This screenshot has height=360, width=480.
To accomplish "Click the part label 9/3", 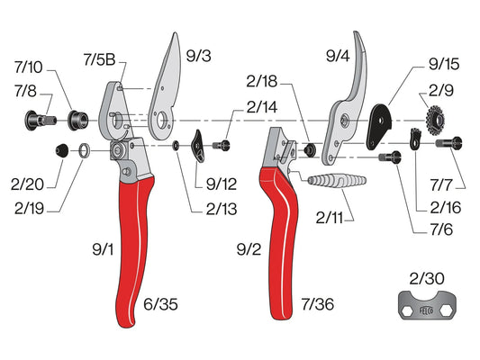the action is pyautogui.click(x=199, y=56).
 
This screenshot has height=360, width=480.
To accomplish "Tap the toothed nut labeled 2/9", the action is pyautogui.click(x=435, y=120).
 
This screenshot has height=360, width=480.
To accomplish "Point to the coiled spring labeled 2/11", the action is pyautogui.click(x=337, y=181).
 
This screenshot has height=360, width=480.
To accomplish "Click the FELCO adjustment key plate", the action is pyautogui.click(x=428, y=306).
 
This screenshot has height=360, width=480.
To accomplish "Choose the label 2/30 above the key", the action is pyautogui.click(x=427, y=279).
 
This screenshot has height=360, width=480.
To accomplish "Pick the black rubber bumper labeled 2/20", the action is pyautogui.click(x=62, y=150).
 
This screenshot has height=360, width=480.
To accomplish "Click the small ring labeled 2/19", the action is pyautogui.click(x=85, y=150).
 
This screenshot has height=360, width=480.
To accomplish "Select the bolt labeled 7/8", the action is pyautogui.click(x=40, y=121).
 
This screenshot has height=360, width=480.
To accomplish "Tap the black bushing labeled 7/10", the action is pyautogui.click(x=77, y=121).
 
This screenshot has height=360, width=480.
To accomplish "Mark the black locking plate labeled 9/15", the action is pyautogui.click(x=379, y=126).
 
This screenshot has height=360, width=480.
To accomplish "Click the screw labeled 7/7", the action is pyautogui.click(x=448, y=143).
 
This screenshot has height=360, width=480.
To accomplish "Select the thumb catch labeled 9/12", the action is pyautogui.click(x=198, y=146).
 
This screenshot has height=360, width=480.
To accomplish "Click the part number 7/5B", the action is pyautogui.click(x=99, y=59).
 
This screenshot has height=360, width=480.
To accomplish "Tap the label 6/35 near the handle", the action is pyautogui.click(x=160, y=304).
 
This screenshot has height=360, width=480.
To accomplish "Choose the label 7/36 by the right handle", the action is pyautogui.click(x=318, y=304).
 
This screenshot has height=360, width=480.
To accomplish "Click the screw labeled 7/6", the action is pyautogui.click(x=390, y=157).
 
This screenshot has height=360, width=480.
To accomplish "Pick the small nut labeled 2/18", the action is pyautogui.click(x=309, y=149).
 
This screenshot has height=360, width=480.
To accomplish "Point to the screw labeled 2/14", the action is pyautogui.click(x=221, y=145).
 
